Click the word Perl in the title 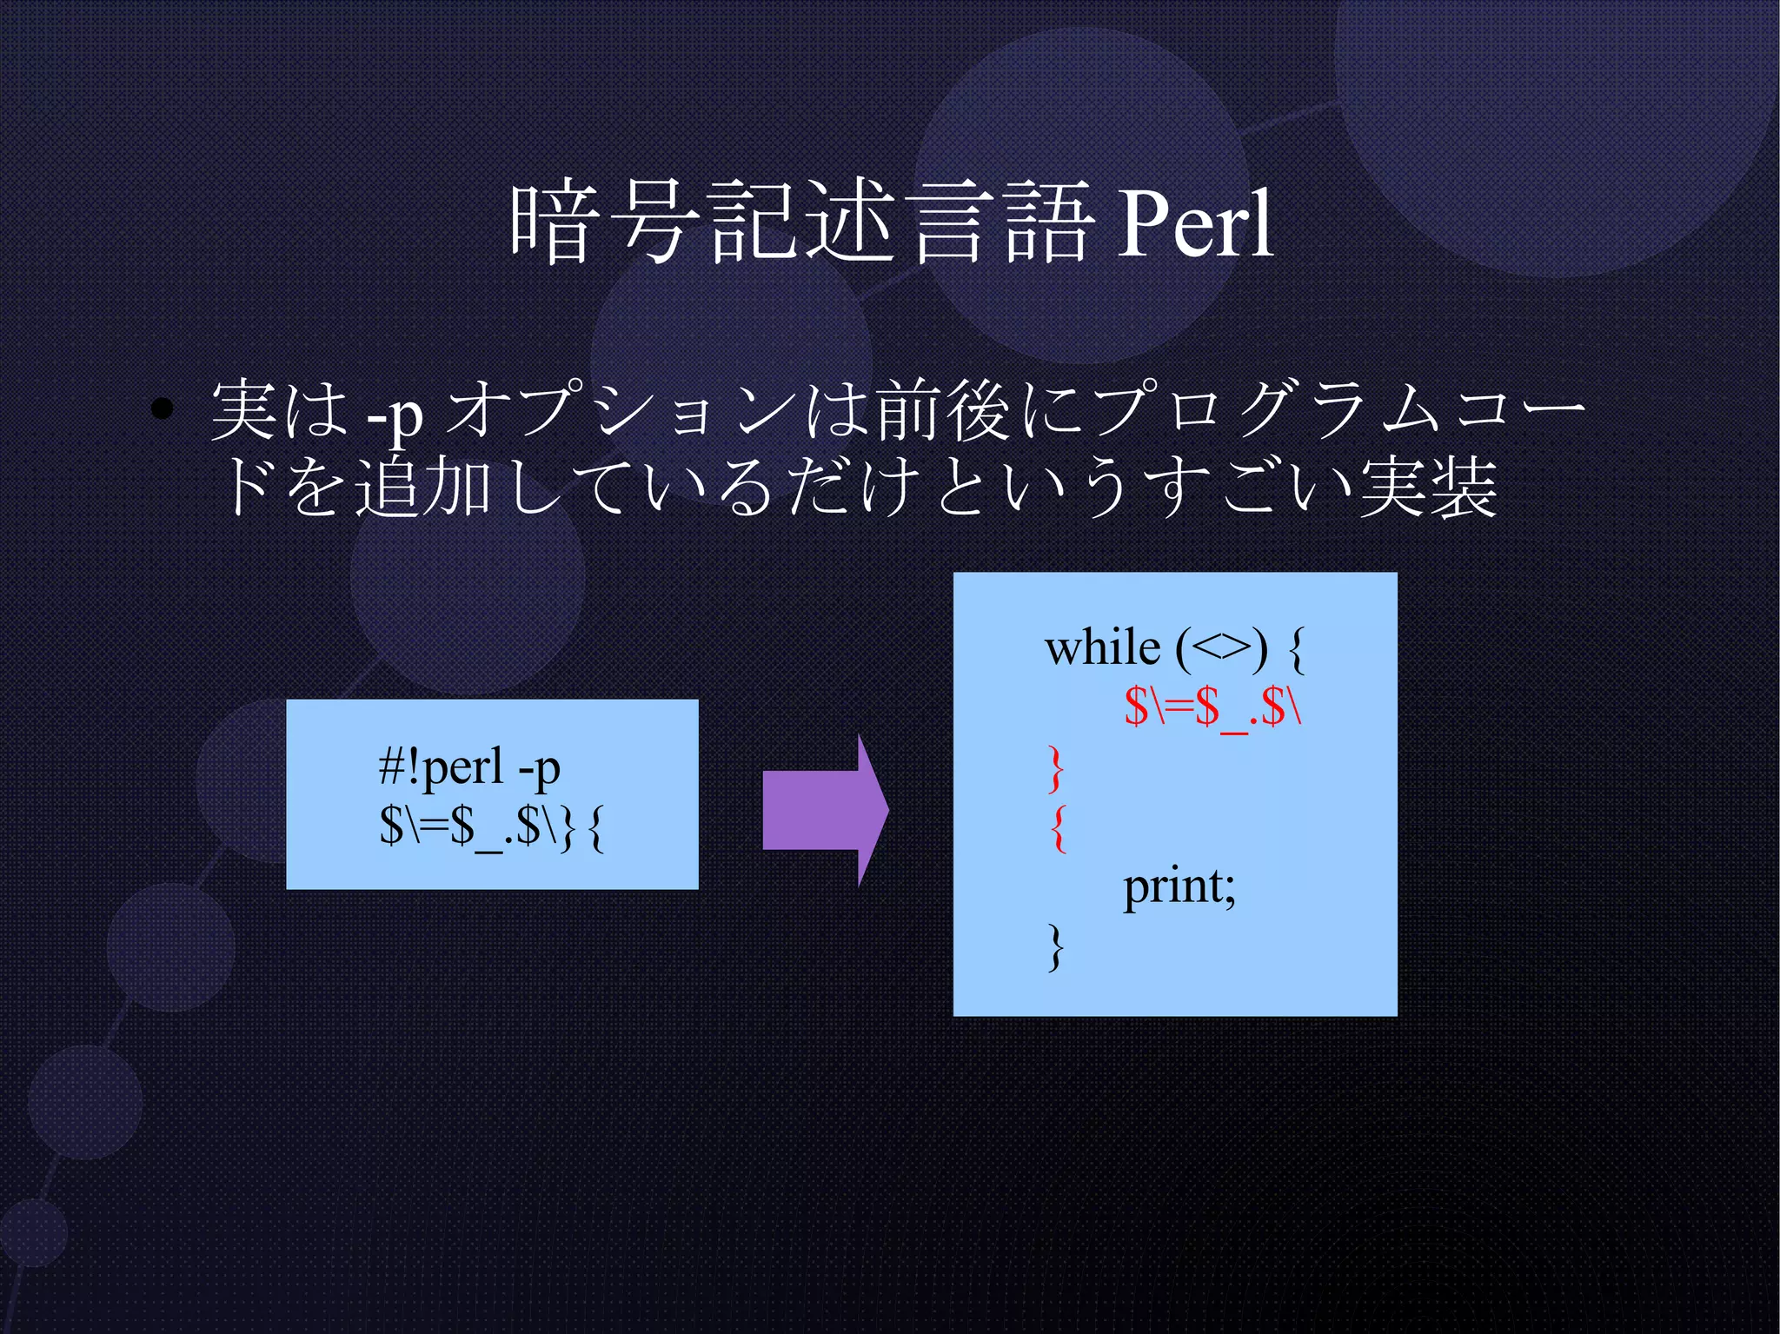(x=1195, y=224)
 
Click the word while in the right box (x=1102, y=648)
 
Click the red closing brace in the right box (x=1056, y=768)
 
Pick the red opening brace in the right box (x=1058, y=827)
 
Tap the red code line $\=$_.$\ (x=1212, y=706)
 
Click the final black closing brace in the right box (x=1056, y=946)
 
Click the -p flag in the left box (x=539, y=768)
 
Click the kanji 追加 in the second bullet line (x=423, y=487)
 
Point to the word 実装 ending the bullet (x=1429, y=487)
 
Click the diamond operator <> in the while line (x=1222, y=648)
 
